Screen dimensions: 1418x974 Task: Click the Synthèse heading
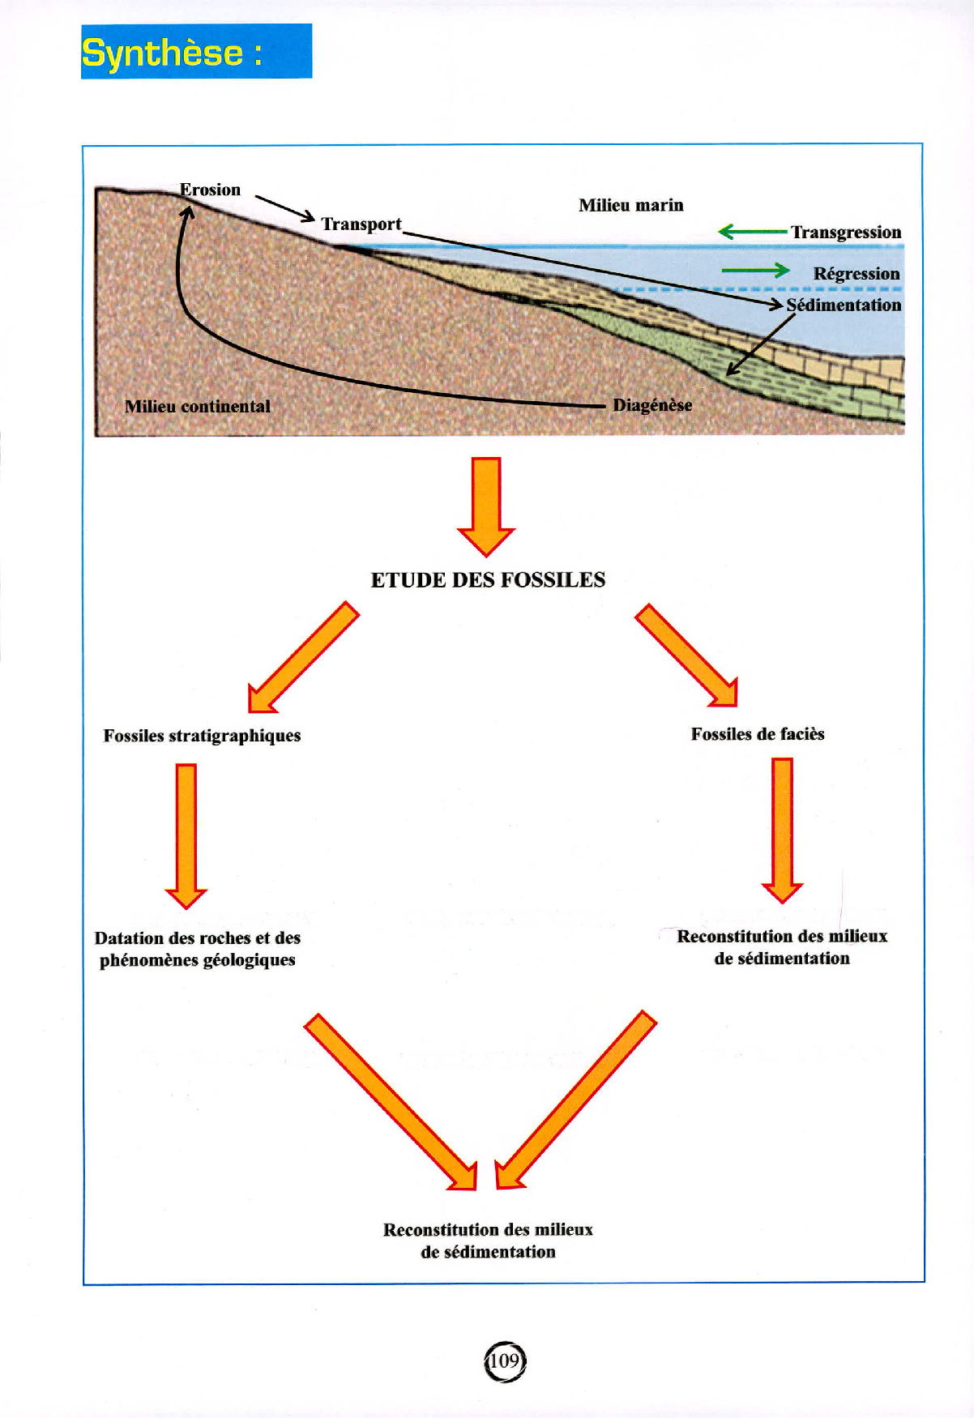172,53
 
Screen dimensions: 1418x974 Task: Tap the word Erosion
210,190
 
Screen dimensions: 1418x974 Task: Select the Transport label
361,224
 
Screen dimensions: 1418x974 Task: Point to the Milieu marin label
630,205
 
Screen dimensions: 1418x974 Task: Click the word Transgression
846,233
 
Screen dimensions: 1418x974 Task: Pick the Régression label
856,274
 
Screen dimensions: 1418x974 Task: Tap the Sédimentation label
844,305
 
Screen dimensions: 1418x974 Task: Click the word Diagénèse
652,405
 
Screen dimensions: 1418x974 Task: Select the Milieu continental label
198,407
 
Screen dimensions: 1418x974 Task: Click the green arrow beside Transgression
752,233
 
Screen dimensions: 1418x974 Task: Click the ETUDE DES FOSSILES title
488,580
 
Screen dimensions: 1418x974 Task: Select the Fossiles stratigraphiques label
202,736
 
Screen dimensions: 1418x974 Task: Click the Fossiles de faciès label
758,734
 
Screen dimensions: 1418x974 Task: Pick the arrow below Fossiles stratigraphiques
186,835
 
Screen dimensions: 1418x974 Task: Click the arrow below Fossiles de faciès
782,830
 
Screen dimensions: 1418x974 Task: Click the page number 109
504,1361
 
